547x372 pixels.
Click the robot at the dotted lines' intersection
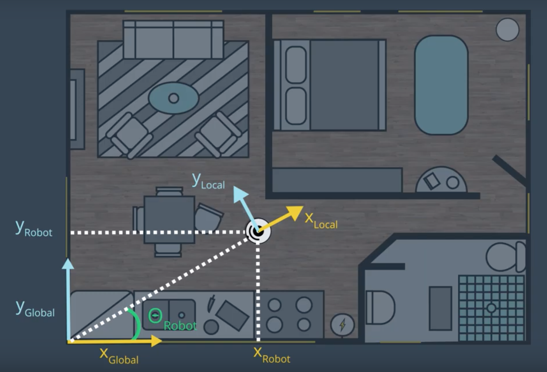tap(258, 231)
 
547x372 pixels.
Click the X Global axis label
tap(119, 356)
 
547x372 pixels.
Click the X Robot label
tap(272, 355)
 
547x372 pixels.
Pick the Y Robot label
tap(34, 229)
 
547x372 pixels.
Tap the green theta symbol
tap(155, 316)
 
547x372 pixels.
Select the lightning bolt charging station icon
tap(343, 325)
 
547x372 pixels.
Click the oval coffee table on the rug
tap(173, 98)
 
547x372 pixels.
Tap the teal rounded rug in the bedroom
tap(441, 85)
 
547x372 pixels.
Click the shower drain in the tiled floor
tap(491, 308)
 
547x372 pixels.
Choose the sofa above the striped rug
tap(173, 40)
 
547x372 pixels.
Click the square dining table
tap(169, 220)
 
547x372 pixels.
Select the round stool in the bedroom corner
tap(507, 29)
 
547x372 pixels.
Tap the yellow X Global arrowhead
tap(156, 341)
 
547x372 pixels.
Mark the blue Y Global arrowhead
tap(68, 264)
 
